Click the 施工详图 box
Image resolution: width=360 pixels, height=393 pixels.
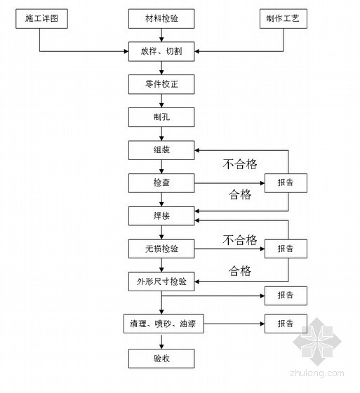point(41,19)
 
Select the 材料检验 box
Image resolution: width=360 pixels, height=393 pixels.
point(161,19)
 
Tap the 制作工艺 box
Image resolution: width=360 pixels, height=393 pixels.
point(284,19)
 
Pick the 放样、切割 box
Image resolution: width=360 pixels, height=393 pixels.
point(161,52)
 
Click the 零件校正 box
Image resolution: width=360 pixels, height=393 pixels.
point(161,84)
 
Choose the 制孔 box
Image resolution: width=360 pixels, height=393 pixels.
point(161,117)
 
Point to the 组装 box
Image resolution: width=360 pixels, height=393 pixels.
point(161,150)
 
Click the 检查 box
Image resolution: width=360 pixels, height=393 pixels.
point(161,183)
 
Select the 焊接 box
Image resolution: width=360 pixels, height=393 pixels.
point(161,216)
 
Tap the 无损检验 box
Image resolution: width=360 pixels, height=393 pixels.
point(161,249)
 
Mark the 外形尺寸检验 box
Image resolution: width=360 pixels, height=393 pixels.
point(161,281)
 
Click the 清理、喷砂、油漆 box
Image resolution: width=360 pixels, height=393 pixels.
point(164,324)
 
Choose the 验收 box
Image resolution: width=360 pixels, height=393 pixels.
point(161,359)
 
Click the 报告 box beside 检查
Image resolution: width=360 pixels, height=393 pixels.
point(286,183)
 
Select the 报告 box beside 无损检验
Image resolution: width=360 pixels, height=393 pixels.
point(286,249)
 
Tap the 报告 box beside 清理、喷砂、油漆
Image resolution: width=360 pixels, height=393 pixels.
point(286,324)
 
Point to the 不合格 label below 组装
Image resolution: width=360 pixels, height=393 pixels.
point(240,164)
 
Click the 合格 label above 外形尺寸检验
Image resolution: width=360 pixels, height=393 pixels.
point(240,271)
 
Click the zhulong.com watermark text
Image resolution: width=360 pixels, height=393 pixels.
point(317,373)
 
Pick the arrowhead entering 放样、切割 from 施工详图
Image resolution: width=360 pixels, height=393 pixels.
point(126,52)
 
